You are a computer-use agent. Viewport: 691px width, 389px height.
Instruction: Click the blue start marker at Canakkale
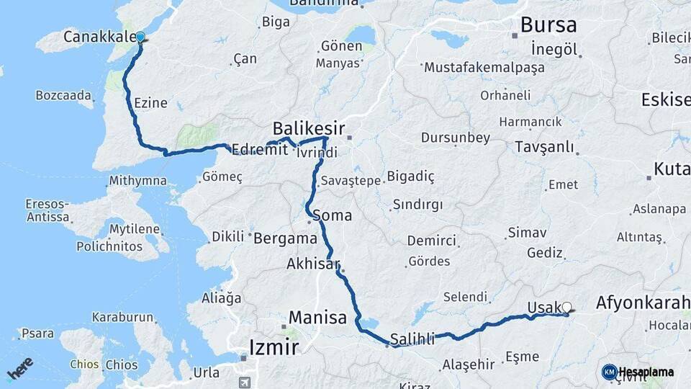tap(140, 37)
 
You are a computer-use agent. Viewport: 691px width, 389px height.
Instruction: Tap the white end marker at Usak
tap(567, 308)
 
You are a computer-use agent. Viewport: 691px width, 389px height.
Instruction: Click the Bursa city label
tap(548, 25)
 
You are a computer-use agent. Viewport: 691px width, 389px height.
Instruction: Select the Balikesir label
tap(306, 128)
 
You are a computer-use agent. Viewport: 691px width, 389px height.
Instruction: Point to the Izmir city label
tap(273, 348)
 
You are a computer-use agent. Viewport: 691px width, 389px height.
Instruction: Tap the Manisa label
tap(317, 317)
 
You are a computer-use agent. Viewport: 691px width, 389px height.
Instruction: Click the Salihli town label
tap(412, 339)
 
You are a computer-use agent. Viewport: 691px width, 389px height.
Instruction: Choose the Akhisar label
tap(312, 264)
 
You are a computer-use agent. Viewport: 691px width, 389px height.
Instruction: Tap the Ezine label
tap(150, 103)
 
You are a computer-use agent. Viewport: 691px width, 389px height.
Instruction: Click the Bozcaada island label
tap(63, 95)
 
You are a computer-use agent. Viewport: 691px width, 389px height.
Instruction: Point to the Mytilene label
tap(134, 229)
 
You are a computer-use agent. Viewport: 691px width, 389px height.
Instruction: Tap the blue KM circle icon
tap(609, 372)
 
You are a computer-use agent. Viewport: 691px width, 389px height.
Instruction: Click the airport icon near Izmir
tap(245, 381)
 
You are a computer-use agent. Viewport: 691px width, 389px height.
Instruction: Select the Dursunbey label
tap(456, 137)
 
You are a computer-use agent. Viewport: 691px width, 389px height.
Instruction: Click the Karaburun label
tap(122, 317)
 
